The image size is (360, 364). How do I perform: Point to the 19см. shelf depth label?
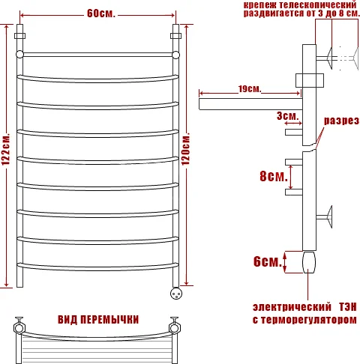coord(249,90)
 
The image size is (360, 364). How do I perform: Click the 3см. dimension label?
coord(287,116)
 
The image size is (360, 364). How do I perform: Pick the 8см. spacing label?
coord(273,177)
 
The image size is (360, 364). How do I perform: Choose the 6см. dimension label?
coord(267,261)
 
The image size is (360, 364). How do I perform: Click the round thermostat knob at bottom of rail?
coord(177,293)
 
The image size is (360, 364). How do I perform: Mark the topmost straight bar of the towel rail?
coord(98,55)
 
